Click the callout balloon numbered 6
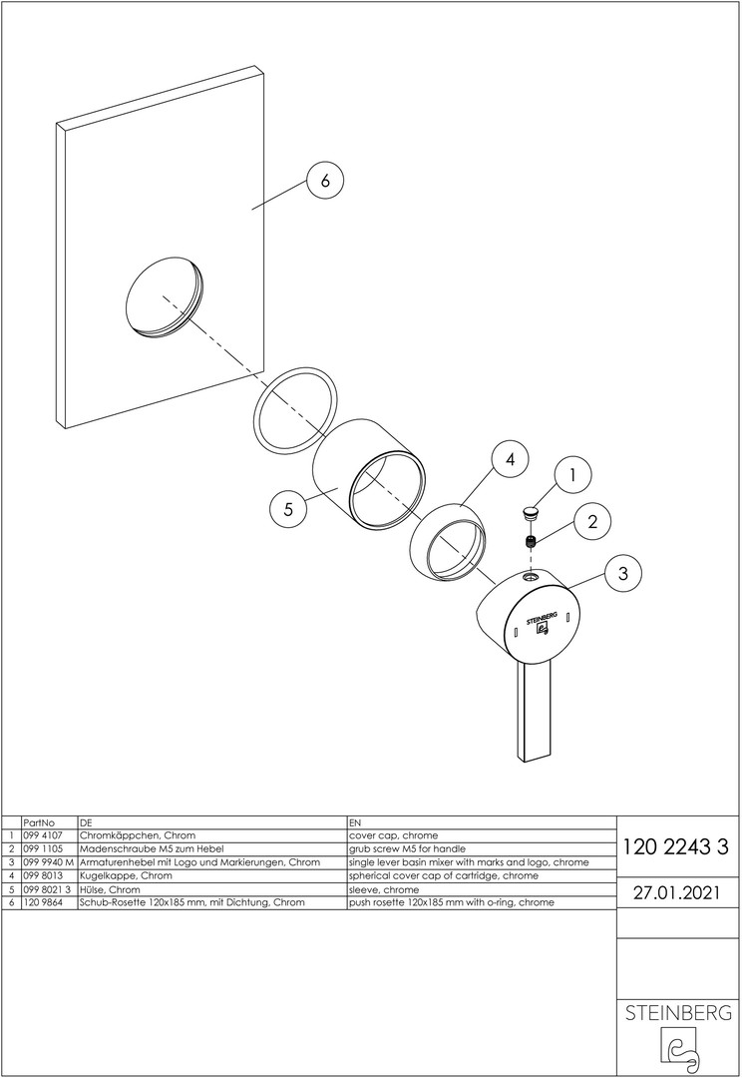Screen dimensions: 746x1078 (x=324, y=180)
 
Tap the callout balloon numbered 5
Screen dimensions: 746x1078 (x=288, y=509)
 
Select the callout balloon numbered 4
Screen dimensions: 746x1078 (x=510, y=459)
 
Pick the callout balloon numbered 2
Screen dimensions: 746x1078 (x=592, y=522)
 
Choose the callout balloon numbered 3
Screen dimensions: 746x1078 (x=622, y=573)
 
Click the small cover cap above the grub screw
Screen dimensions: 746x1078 (x=531, y=511)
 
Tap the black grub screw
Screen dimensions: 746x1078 (x=531, y=542)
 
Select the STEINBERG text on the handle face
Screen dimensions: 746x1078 (x=542, y=616)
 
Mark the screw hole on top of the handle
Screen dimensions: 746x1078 (x=531, y=578)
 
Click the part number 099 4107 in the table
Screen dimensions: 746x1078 (x=43, y=836)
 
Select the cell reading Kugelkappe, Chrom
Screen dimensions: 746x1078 (x=126, y=876)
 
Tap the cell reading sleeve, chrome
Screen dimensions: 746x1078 (x=383, y=889)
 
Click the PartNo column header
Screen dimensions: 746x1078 (x=39, y=822)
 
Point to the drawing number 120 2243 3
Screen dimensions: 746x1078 (x=675, y=846)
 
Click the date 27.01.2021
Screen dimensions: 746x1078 (x=676, y=892)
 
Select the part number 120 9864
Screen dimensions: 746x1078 (x=43, y=902)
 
